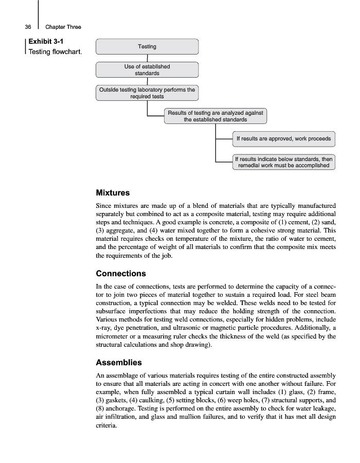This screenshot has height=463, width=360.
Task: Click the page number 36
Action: click(28, 27)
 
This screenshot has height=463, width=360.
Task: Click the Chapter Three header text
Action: click(63, 27)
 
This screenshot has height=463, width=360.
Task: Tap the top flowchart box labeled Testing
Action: click(147, 47)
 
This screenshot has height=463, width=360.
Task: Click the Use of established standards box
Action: click(147, 70)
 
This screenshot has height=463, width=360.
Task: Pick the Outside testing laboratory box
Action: click(147, 93)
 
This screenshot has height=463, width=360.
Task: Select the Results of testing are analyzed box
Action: click(215, 116)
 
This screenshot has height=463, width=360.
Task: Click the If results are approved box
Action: click(283, 139)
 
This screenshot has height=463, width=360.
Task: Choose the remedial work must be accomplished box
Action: click(283, 163)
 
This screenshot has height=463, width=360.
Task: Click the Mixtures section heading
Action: click(113, 193)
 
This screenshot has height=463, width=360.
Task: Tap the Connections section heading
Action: click(121, 273)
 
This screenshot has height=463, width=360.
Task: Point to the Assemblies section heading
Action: click(119, 362)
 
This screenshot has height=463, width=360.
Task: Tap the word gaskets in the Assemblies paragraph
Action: click(117, 400)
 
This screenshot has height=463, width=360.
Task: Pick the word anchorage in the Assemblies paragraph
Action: click(116, 408)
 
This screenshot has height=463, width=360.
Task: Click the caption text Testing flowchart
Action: click(55, 51)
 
